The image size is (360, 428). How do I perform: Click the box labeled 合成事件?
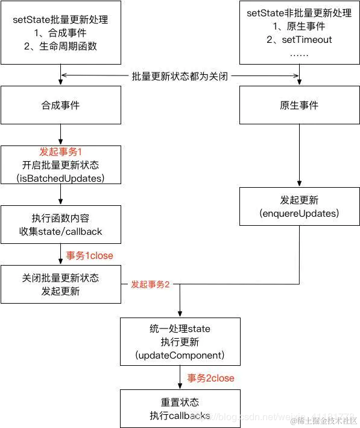(60, 105)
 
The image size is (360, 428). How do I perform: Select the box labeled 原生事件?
(299, 105)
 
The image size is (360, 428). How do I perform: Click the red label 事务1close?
(90, 255)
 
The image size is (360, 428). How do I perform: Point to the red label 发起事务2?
(150, 284)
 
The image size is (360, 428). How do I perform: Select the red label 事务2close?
(210, 378)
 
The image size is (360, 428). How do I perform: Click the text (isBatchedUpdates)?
(60, 179)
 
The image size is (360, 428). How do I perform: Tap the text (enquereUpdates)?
(299, 214)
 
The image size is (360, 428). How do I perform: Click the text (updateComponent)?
(180, 354)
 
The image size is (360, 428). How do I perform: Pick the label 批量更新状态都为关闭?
(180, 76)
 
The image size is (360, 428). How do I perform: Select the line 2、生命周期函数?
(60, 46)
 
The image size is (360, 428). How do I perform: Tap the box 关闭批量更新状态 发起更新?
(60, 284)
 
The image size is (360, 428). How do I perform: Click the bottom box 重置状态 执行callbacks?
(180, 409)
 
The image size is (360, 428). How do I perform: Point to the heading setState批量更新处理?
(60, 19)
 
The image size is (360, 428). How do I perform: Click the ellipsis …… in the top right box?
(299, 54)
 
